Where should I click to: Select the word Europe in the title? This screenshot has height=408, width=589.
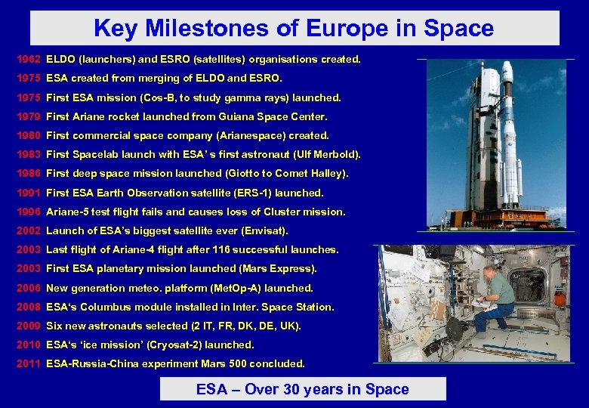(x=341, y=29)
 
